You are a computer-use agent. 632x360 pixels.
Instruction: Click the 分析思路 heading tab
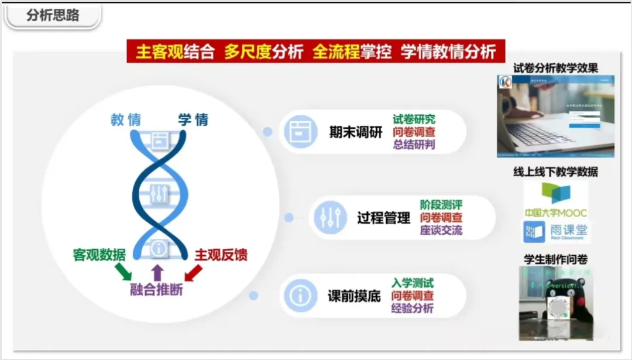(x=53, y=16)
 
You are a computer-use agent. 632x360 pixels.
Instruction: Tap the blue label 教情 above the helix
(x=126, y=120)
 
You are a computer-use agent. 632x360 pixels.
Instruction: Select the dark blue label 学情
(x=193, y=120)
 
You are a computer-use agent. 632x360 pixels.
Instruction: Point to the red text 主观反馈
(x=221, y=255)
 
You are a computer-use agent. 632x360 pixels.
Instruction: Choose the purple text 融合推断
(x=156, y=289)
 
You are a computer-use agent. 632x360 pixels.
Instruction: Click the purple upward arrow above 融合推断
(x=157, y=271)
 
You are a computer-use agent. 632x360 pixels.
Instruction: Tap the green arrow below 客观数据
(x=123, y=271)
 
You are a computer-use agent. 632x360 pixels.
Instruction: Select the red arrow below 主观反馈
(x=193, y=272)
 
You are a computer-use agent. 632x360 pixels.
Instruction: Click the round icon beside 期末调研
(x=301, y=131)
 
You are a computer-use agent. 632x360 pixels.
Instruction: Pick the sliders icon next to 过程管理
(x=330, y=218)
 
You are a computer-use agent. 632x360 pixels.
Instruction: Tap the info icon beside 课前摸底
(x=301, y=296)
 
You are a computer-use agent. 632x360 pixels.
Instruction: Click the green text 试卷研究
(x=414, y=119)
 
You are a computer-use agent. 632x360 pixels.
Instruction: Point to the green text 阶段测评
(x=441, y=205)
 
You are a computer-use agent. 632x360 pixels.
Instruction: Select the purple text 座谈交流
(x=441, y=230)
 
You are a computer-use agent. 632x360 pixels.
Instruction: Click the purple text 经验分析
(x=413, y=308)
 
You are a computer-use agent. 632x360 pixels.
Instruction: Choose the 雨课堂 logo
(x=555, y=232)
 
